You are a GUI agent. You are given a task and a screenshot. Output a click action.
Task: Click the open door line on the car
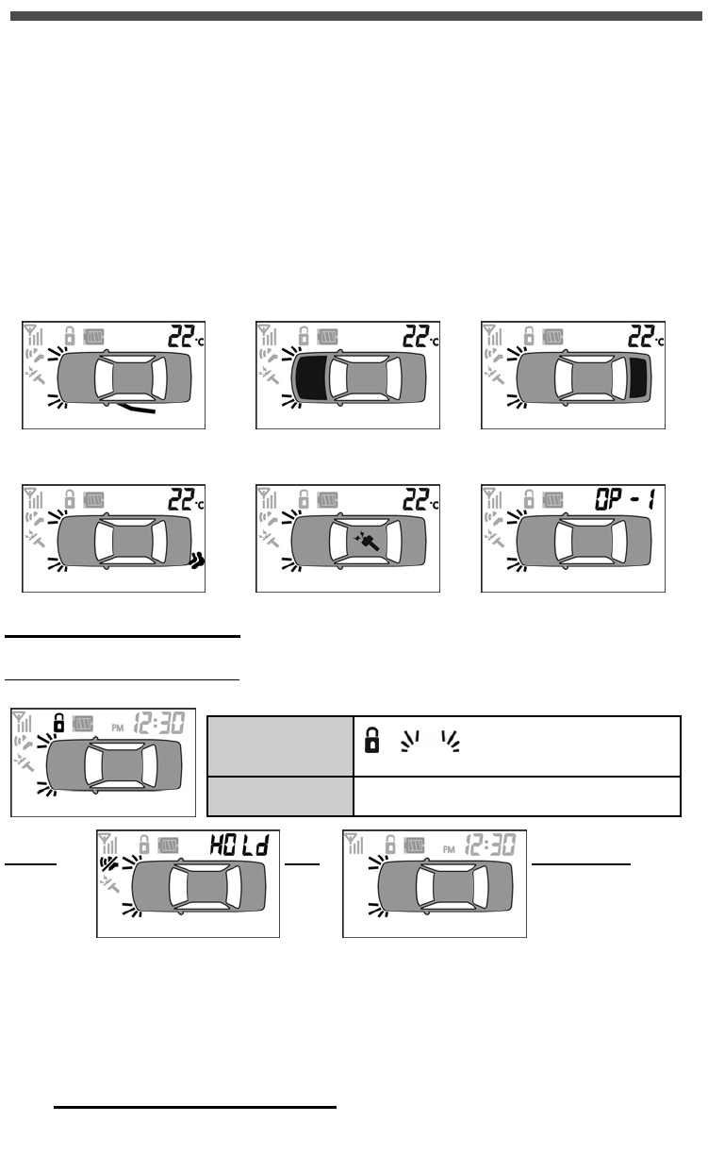[x=138, y=409]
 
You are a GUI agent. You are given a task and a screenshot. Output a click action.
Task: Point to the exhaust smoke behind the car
[x=196, y=561]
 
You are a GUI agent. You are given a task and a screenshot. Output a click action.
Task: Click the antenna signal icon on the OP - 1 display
[x=493, y=497]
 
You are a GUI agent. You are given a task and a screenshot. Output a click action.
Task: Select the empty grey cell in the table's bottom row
[x=280, y=795]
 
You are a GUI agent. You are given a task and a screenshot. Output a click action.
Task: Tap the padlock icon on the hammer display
[x=304, y=496]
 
